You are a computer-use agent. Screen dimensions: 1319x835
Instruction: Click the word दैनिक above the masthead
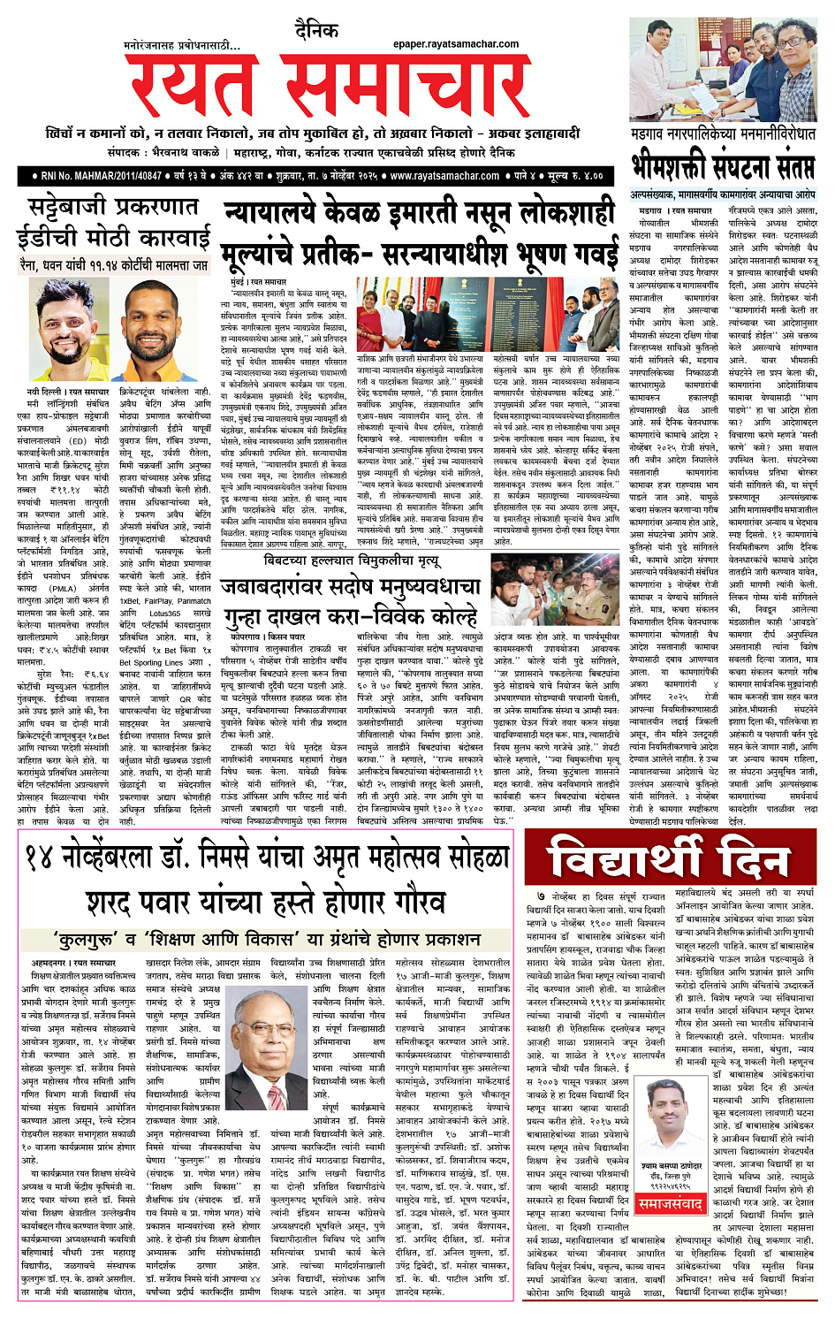(x=317, y=31)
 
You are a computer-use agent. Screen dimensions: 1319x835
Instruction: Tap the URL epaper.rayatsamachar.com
(x=456, y=43)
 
